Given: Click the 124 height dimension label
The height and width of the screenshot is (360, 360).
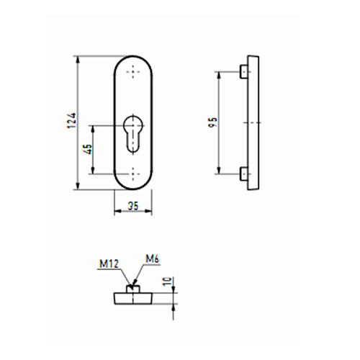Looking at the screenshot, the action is (x=72, y=120).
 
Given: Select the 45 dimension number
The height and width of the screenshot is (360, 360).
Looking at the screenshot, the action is (x=89, y=149).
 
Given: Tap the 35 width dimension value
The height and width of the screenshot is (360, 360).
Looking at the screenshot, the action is (x=133, y=206).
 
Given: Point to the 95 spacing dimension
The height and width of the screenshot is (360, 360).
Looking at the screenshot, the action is (x=213, y=122).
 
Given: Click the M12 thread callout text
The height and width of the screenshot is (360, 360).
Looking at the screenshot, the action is (x=109, y=264).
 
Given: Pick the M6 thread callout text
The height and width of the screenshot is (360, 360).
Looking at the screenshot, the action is (x=153, y=258).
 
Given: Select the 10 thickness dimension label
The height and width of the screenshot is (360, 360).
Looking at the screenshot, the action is (x=168, y=282).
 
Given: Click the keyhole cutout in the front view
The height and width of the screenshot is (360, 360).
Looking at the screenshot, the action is (x=133, y=134).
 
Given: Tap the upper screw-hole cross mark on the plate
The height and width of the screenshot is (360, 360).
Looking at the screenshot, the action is (x=133, y=71).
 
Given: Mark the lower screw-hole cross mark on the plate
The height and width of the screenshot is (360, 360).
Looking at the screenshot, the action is (x=133, y=174).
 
